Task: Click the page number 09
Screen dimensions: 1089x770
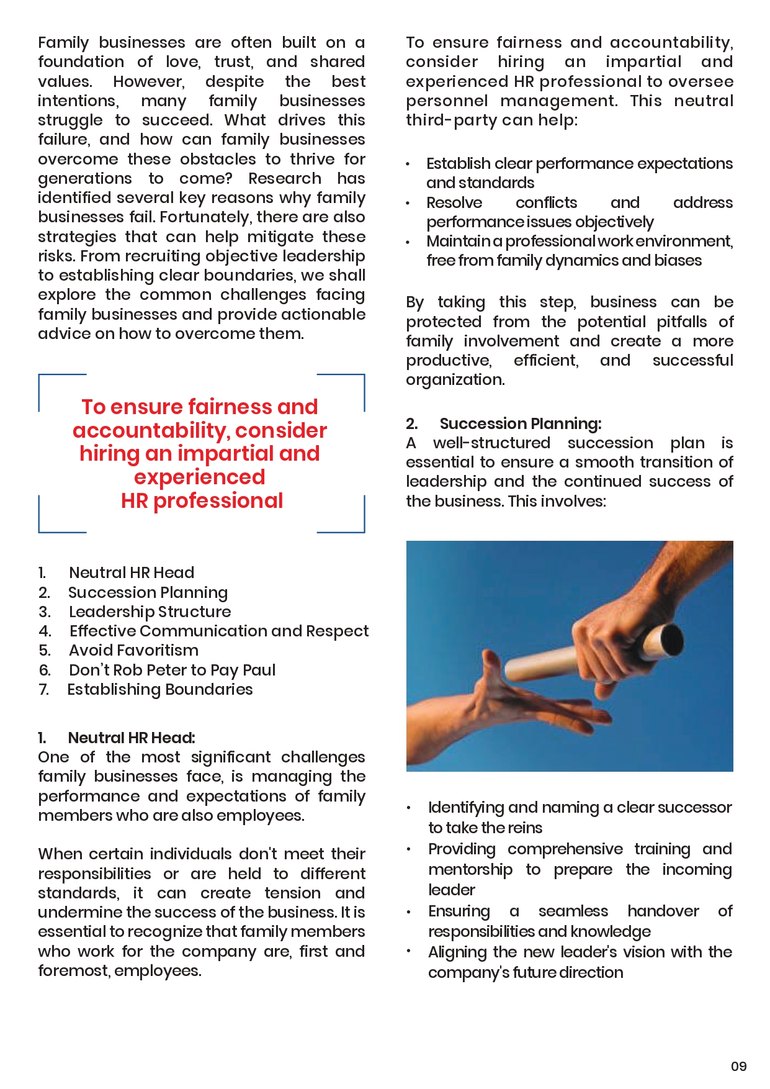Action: [738, 1066]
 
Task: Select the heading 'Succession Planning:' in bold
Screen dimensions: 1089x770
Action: [520, 423]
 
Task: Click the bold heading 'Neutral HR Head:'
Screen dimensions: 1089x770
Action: [131, 738]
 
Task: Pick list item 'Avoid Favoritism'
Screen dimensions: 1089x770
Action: [133, 650]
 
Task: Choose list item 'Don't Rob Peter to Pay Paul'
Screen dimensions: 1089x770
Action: [172, 670]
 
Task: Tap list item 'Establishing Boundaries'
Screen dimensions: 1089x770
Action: [159, 689]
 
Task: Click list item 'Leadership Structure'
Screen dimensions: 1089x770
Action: [150, 612]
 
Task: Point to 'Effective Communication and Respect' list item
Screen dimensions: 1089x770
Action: [218, 631]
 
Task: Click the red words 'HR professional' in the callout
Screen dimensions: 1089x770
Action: [202, 500]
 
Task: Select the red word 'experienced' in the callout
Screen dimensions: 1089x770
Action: [199, 477]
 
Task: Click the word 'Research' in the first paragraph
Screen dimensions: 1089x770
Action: [285, 179]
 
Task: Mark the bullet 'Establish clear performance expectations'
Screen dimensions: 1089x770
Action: [579, 164]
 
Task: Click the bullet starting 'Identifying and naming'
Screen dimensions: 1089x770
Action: [580, 808]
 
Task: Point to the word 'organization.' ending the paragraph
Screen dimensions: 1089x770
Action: [455, 379]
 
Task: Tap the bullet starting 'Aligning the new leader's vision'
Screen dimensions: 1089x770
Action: [580, 952]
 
